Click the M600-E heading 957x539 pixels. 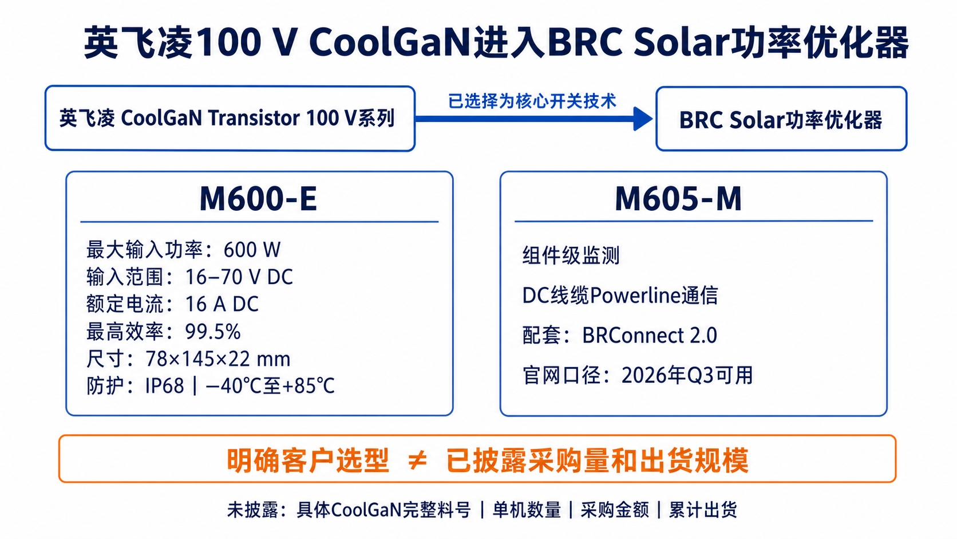pyautogui.click(x=258, y=199)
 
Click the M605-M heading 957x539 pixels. pyautogui.click(x=678, y=199)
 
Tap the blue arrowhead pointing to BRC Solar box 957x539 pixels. pyautogui.click(x=643, y=119)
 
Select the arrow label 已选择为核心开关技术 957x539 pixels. pyautogui.click(x=532, y=101)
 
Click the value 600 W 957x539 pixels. pyautogui.click(x=252, y=250)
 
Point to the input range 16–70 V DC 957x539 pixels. pyautogui.click(x=239, y=277)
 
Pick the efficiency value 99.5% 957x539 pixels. pyautogui.click(x=213, y=332)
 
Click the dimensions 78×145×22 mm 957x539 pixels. pyautogui.click(x=218, y=359)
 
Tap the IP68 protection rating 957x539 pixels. pyautogui.click(x=164, y=386)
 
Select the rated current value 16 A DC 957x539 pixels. pyautogui.click(x=222, y=304)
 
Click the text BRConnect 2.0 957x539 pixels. pyautogui.click(x=650, y=335)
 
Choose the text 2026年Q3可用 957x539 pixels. pyautogui.click(x=687, y=375)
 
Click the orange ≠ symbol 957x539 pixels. pyautogui.click(x=417, y=461)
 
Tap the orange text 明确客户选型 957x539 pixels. pyautogui.click(x=307, y=461)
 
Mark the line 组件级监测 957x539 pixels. pyautogui.click(x=571, y=255)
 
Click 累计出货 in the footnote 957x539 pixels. pyautogui.click(x=703, y=510)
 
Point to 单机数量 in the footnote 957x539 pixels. pyautogui.click(x=527, y=510)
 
